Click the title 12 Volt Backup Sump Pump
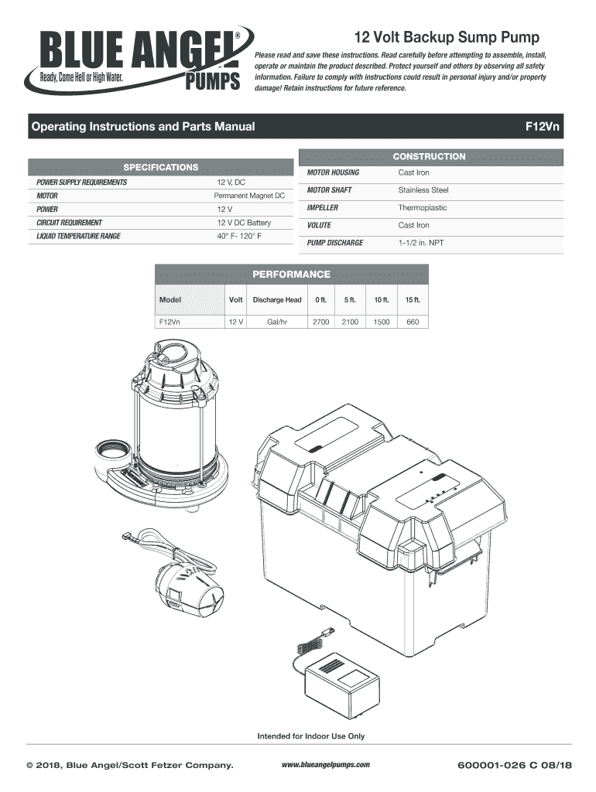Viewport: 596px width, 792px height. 447,37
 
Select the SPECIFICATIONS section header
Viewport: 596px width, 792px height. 161,167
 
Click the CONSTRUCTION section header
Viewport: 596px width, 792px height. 429,157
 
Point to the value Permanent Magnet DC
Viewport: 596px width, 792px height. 250,196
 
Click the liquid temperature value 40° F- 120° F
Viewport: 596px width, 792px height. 239,236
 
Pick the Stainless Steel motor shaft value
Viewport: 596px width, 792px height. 423,190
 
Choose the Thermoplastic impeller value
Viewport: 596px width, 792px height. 422,208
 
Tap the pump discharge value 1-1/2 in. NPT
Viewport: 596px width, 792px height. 421,243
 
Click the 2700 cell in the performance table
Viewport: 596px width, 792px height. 320,322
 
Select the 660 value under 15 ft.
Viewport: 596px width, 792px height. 412,322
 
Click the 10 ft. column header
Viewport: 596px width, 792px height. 382,299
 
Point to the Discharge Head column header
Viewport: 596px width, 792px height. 276,299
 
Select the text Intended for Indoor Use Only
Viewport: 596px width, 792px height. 310,736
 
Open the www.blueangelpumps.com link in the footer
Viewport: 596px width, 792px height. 325,765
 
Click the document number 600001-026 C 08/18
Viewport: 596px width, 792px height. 514,766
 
